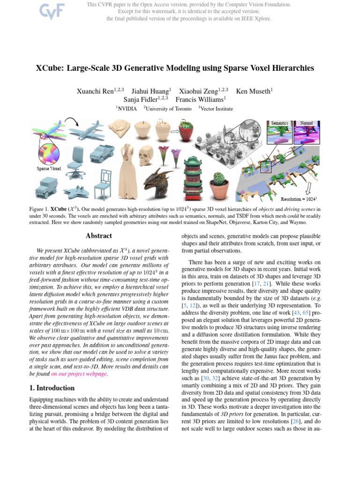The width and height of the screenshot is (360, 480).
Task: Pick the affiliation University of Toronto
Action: (167, 108)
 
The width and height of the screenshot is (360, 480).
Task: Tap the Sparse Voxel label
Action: (49, 168)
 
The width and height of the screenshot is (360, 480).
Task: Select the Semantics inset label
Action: (279, 123)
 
